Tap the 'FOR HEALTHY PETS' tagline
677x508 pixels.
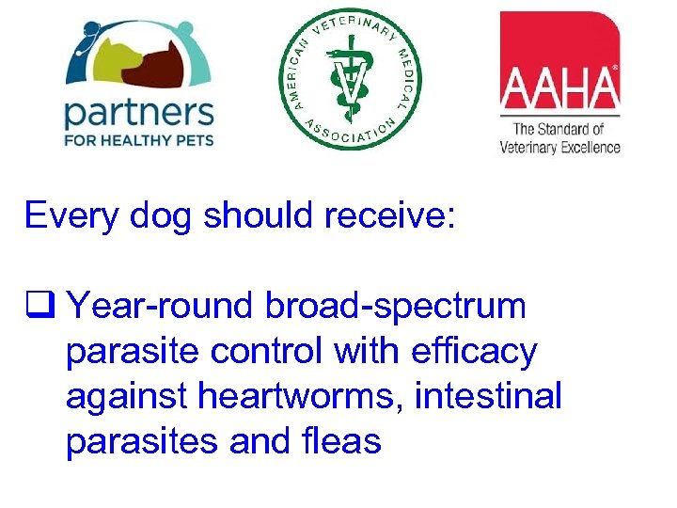click(138, 141)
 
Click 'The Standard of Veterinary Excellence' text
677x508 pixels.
click(559, 137)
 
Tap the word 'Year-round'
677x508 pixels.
click(164, 306)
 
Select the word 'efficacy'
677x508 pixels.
click(474, 352)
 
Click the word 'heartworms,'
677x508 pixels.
click(305, 396)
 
